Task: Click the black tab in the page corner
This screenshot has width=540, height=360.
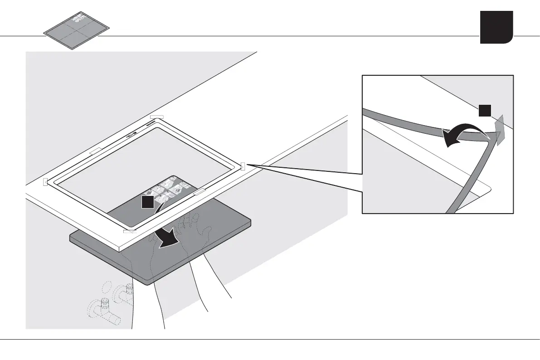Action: [x=496, y=27]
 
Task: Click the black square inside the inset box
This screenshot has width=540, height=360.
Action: [x=485, y=110]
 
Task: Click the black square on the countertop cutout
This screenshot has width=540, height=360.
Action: [x=147, y=203]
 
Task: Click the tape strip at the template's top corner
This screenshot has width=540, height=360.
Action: [x=156, y=117]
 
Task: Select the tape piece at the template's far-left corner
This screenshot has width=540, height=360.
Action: [x=45, y=182]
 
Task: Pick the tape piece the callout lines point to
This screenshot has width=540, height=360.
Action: [x=243, y=166]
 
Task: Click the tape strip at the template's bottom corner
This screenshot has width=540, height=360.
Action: [x=130, y=231]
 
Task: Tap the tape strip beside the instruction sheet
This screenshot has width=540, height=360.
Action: [x=199, y=193]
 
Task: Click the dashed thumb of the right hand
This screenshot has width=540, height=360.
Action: [x=207, y=231]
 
